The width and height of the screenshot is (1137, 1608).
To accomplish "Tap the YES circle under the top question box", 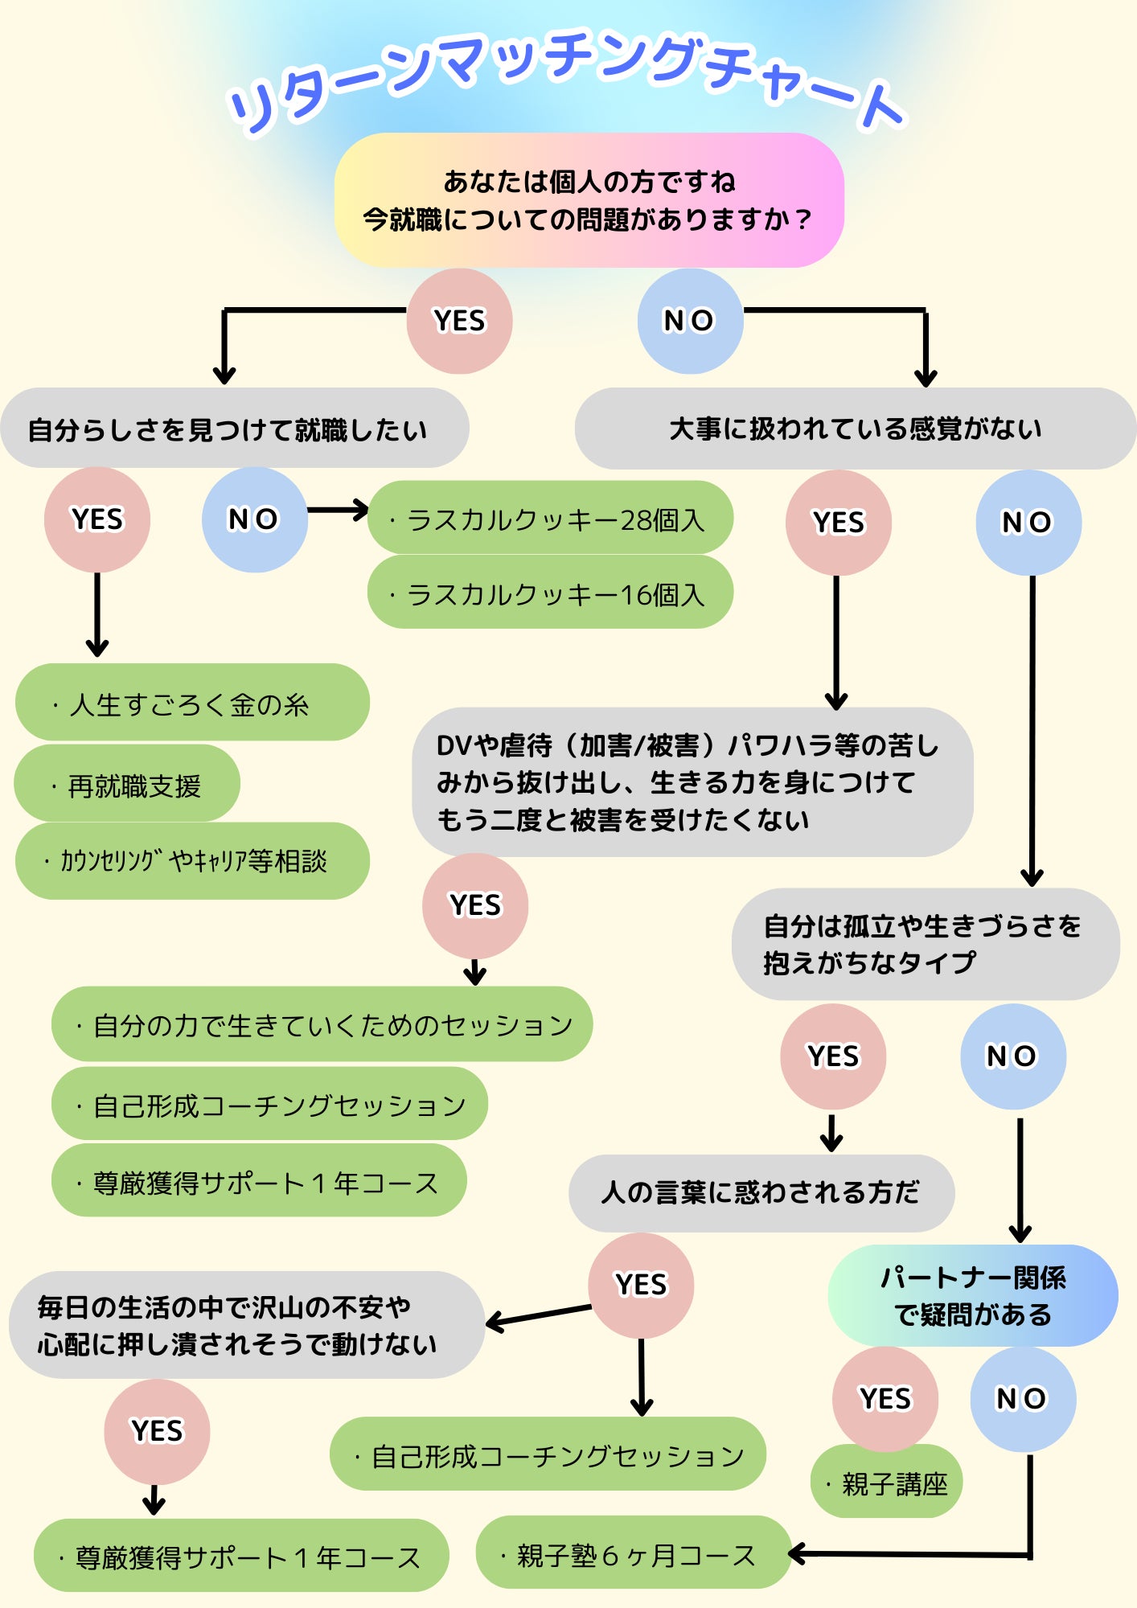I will click(x=459, y=321).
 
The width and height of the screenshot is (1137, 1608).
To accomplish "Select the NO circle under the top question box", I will click(x=689, y=321).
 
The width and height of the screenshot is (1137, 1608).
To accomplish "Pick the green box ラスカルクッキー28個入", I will click(x=550, y=519).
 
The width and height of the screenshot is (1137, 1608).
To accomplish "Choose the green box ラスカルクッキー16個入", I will click(x=550, y=594).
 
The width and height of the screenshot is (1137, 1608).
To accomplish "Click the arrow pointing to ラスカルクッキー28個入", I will click(x=338, y=510).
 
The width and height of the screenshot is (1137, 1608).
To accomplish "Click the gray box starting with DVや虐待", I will click(x=692, y=781).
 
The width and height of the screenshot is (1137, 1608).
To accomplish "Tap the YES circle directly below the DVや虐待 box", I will click(x=475, y=905).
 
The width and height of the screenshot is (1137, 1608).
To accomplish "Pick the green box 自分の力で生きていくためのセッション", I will click(x=322, y=1024).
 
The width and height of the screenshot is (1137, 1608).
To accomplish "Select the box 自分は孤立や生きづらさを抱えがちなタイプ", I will click(x=925, y=944).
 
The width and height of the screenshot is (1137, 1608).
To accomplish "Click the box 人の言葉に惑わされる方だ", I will click(x=761, y=1192).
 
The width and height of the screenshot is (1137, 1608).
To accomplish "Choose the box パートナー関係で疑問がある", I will click(x=972, y=1295).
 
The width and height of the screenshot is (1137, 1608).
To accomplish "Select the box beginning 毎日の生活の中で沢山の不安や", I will click(x=245, y=1325).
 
